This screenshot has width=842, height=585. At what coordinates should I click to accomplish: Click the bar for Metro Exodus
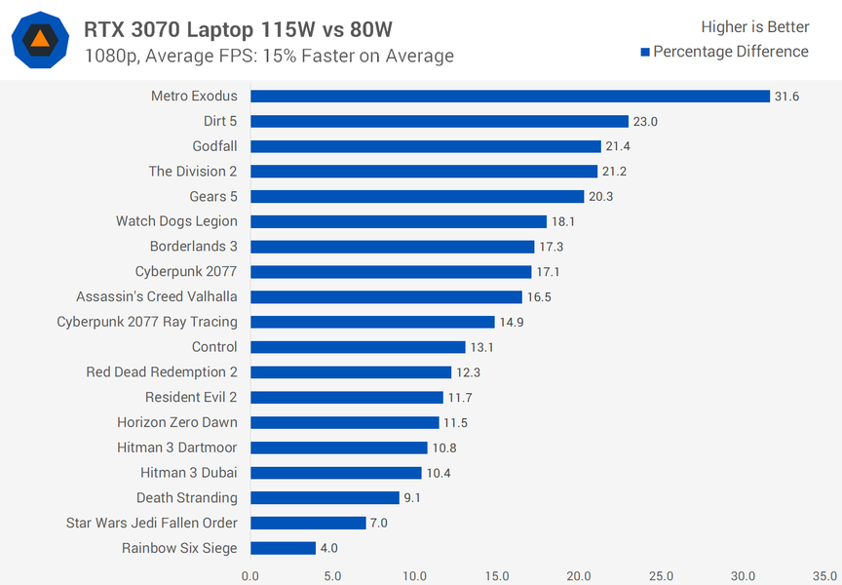(x=510, y=96)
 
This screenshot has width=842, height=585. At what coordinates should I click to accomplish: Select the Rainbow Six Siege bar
(x=283, y=548)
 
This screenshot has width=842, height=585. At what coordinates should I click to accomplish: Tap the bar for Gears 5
(x=417, y=196)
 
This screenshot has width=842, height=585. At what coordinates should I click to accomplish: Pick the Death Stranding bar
(x=325, y=497)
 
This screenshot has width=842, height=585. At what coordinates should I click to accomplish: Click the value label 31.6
(x=786, y=96)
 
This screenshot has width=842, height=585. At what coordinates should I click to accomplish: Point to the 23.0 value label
(x=646, y=121)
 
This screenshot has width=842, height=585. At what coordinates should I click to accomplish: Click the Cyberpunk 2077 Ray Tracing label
(x=147, y=322)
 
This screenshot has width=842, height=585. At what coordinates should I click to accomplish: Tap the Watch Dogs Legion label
(x=176, y=221)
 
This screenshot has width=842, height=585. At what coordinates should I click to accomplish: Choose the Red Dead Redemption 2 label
(x=162, y=371)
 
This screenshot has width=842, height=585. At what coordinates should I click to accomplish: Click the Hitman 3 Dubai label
(x=189, y=473)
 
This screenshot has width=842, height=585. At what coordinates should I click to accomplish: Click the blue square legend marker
(x=645, y=52)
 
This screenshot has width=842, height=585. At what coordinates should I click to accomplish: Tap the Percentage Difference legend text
(x=731, y=52)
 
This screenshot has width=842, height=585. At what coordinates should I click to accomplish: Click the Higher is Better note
(x=754, y=26)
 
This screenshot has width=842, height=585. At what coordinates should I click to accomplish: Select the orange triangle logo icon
(x=40, y=39)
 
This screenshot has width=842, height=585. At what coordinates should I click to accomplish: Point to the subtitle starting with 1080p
(x=269, y=56)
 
